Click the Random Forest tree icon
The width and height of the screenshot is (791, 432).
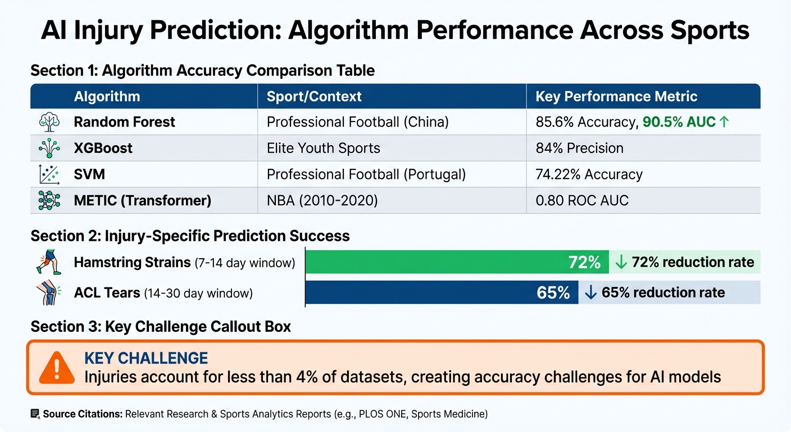pyautogui.click(x=49, y=122)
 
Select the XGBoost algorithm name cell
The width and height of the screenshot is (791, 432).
pyautogui.click(x=103, y=148)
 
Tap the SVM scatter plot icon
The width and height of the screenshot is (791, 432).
pyautogui.click(x=49, y=174)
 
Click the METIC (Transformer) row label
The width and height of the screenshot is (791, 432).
pyautogui.click(x=142, y=200)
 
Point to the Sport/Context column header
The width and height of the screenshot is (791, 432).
pyautogui.click(x=314, y=96)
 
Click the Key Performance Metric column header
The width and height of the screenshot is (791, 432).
pyautogui.click(x=616, y=96)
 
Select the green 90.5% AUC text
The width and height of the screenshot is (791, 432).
pyautogui.click(x=679, y=122)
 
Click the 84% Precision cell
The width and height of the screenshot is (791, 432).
pyautogui.click(x=579, y=148)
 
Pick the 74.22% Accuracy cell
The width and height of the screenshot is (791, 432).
pyautogui.click(x=589, y=174)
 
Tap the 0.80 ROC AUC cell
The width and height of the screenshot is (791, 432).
pyautogui.click(x=582, y=200)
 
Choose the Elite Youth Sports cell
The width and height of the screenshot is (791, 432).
pyautogui.click(x=323, y=148)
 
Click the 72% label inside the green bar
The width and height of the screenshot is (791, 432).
pyautogui.click(x=584, y=262)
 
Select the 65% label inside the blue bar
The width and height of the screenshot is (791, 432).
pyautogui.click(x=553, y=292)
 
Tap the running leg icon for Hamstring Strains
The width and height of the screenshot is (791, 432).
pyautogui.click(x=49, y=262)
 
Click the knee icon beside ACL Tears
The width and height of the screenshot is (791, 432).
pyautogui.click(x=49, y=292)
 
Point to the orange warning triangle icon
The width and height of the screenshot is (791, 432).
pyautogui.click(x=57, y=368)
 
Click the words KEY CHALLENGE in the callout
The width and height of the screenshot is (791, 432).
pyautogui.click(x=146, y=358)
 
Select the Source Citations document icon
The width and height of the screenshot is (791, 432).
pyautogui.click(x=35, y=414)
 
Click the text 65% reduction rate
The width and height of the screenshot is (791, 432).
pyautogui.click(x=663, y=292)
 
